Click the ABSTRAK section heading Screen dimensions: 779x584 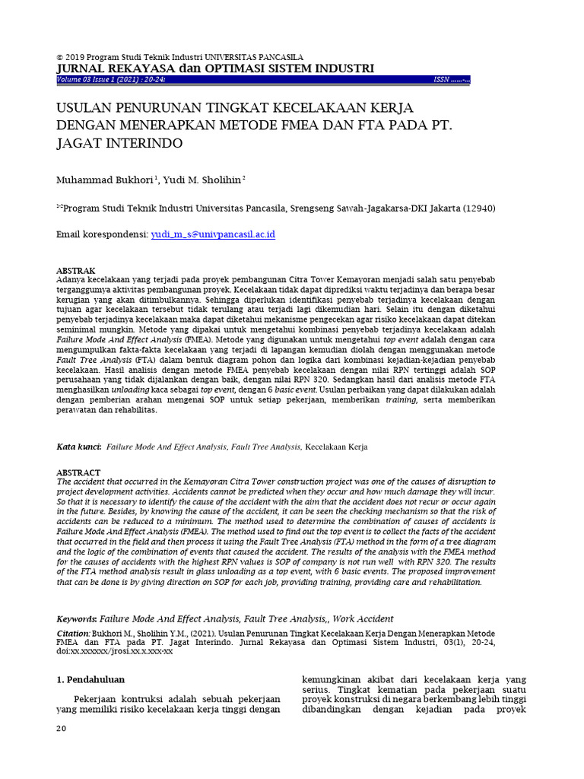[x=76, y=271]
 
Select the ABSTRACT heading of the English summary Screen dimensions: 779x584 [x=78, y=472]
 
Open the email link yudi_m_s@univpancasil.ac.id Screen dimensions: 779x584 [x=213, y=235]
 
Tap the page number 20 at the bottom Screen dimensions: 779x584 [x=62, y=730]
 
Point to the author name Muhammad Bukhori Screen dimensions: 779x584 [x=105, y=180]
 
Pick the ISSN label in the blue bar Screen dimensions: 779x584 [x=442, y=79]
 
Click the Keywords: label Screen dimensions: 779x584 [x=78, y=619]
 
